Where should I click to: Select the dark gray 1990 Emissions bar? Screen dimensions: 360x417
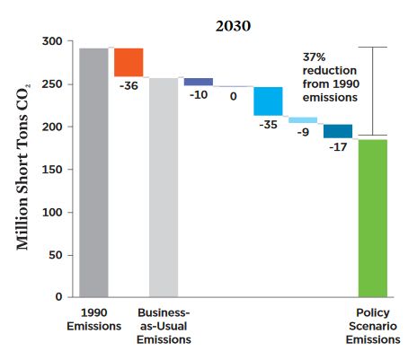[93, 171]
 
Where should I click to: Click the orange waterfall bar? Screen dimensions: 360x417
[129, 62]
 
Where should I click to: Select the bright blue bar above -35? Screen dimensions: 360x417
[268, 101]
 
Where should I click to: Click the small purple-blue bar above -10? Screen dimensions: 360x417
[198, 82]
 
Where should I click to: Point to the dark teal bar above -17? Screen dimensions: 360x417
[338, 131]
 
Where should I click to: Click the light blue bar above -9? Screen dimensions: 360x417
[303, 120]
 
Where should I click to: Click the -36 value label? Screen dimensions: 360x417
[129, 86]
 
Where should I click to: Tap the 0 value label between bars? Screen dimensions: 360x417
[233, 95]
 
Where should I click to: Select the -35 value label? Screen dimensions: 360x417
[268, 125]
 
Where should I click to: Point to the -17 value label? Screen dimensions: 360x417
[338, 147]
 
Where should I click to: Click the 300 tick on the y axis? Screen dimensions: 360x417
[54, 42]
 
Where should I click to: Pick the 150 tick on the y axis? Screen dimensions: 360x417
[54, 170]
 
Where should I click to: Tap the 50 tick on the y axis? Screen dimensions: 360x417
[58, 255]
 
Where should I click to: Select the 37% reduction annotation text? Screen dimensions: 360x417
[329, 69]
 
